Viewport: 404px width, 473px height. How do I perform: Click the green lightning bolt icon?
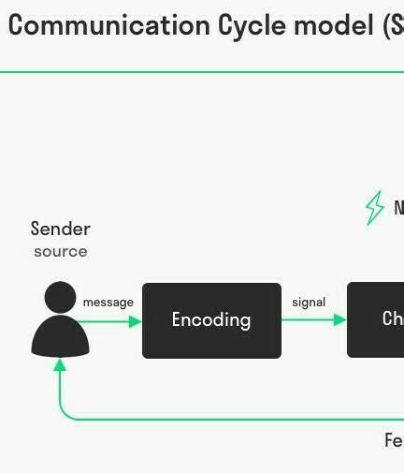[x=374, y=208]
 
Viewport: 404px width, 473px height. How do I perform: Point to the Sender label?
[x=60, y=229]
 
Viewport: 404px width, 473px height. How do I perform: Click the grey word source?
[x=60, y=251]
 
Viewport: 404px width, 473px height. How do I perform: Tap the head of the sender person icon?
[x=60, y=297]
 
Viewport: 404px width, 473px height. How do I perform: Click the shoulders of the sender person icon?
[x=60, y=337]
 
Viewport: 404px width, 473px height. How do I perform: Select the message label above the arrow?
[x=108, y=302]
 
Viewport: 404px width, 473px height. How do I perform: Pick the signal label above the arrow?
[x=309, y=302]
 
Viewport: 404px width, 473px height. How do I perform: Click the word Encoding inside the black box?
[x=211, y=320]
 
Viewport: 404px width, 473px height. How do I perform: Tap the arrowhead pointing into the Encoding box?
[x=136, y=321]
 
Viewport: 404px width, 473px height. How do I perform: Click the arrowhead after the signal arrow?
[x=340, y=319]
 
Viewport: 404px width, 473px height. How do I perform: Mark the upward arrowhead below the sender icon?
[x=60, y=364]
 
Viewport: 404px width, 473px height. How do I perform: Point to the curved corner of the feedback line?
[x=65, y=413]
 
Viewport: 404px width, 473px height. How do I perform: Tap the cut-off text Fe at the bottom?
[x=394, y=440]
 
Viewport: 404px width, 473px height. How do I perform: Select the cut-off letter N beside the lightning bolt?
[x=398, y=208]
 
